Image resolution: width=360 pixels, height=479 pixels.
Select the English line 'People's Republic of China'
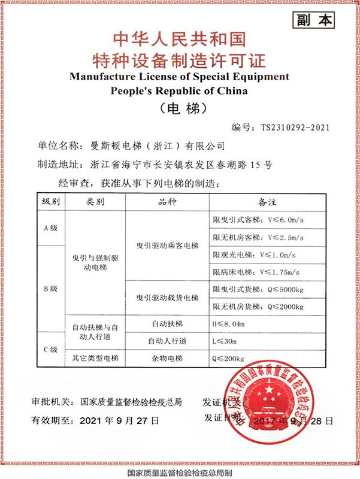179,90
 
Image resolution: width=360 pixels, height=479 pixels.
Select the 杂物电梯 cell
168,359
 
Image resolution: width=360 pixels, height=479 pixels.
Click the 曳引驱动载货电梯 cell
168,298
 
